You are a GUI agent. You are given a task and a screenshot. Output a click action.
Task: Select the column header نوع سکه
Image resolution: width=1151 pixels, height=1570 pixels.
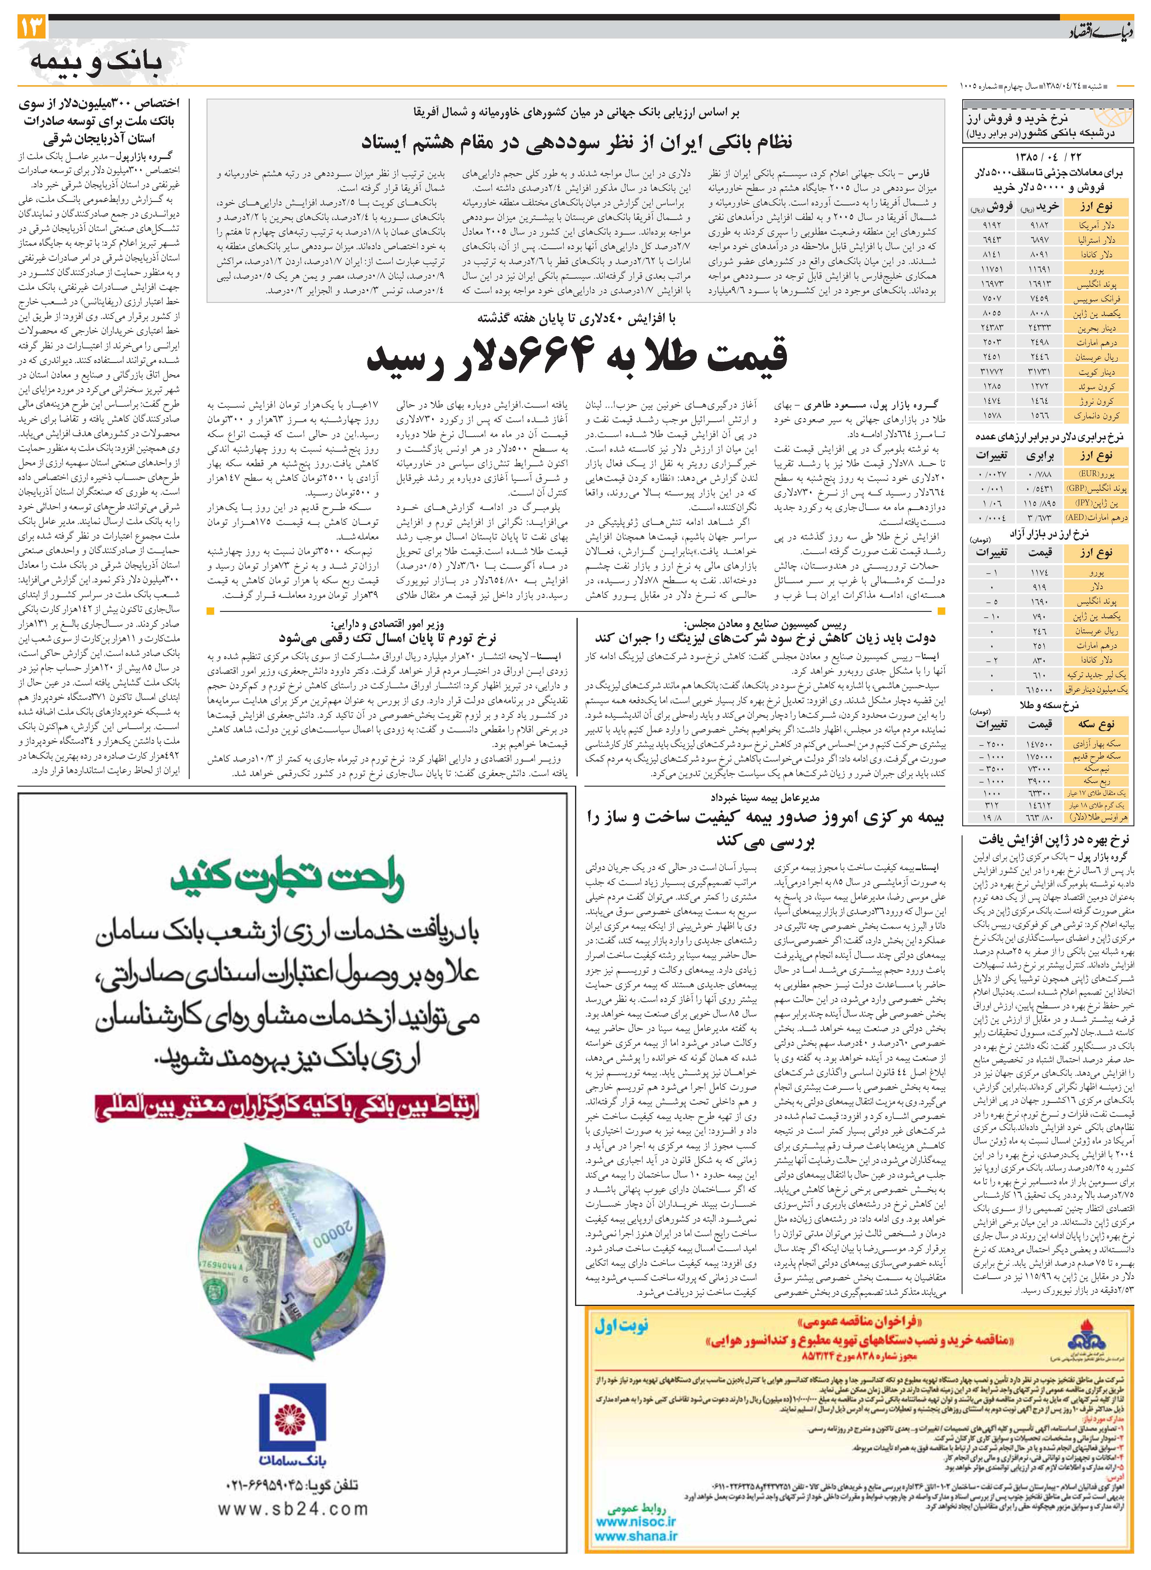(1097, 724)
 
